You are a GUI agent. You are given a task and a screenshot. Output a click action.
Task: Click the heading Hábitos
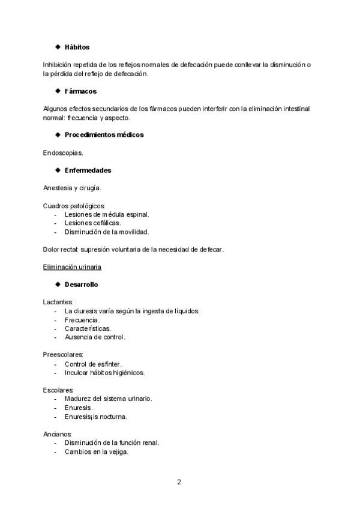click(x=77, y=47)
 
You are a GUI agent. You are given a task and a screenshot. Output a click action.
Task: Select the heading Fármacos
click(x=80, y=91)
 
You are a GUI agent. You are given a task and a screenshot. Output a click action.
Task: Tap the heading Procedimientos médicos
click(x=104, y=135)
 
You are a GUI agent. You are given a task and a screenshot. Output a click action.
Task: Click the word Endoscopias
click(x=63, y=152)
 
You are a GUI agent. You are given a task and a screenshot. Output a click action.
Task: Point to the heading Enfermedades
click(x=88, y=170)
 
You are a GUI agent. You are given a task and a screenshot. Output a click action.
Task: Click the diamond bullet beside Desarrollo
click(x=58, y=284)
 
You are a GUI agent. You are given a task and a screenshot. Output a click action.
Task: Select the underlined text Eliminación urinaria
click(x=72, y=267)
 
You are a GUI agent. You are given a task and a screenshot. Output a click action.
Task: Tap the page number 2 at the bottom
click(x=179, y=481)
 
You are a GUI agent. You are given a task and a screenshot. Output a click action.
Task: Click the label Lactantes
click(x=58, y=302)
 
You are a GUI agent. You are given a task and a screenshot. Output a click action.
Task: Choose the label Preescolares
click(x=63, y=355)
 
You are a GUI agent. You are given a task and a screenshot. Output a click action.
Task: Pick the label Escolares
click(x=58, y=390)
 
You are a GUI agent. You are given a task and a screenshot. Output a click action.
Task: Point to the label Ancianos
click(x=58, y=434)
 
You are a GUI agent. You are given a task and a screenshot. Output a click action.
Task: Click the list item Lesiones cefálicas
click(x=92, y=223)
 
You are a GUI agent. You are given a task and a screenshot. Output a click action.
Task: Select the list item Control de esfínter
click(x=93, y=364)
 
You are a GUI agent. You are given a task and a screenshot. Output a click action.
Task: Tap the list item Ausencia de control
click(x=95, y=337)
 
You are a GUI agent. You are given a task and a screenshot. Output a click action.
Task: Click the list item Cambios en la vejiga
click(x=97, y=452)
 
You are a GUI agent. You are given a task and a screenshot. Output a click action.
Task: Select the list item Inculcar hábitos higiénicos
click(x=104, y=372)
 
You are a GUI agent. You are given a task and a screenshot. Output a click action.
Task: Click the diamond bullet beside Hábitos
click(x=58, y=47)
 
